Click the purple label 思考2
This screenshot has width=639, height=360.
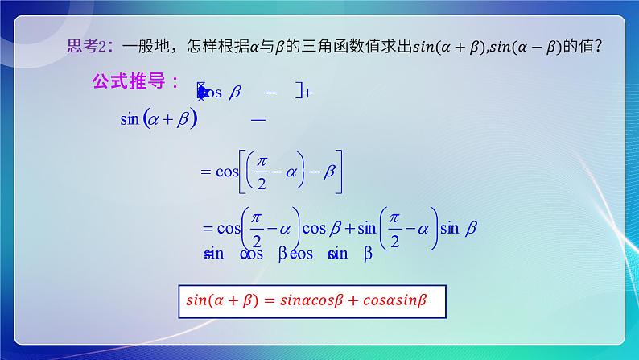[x=85, y=48]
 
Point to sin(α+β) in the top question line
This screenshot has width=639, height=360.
[x=447, y=48]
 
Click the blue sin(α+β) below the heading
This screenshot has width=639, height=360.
[x=159, y=119]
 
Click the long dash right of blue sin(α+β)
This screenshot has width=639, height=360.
[x=258, y=119]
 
